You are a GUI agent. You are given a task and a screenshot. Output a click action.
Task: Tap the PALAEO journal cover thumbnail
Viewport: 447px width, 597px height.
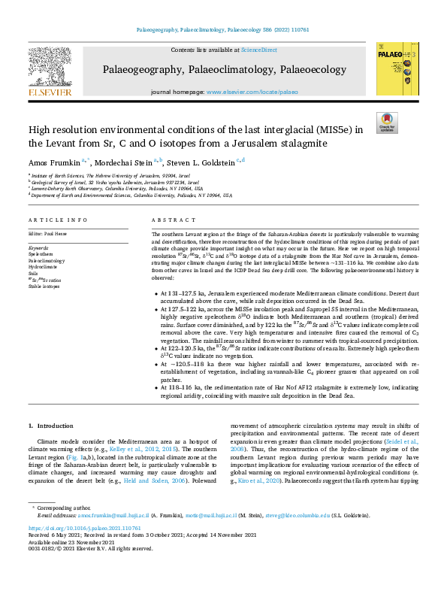[x=393, y=69]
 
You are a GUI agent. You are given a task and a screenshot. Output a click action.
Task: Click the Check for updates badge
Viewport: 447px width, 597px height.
[x=386, y=123]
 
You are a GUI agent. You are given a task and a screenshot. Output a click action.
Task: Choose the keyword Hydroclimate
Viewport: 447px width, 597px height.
[x=43, y=266]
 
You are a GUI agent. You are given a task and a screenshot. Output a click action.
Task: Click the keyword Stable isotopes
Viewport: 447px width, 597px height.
[x=44, y=286]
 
